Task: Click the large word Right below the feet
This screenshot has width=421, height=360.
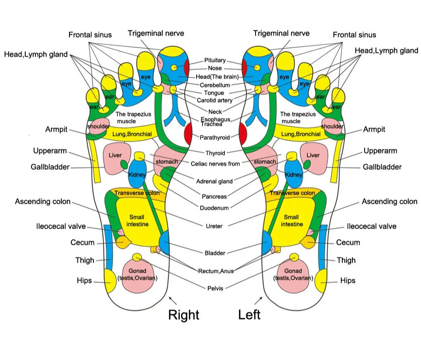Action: [x=184, y=315]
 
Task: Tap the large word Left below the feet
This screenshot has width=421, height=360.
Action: [x=249, y=315]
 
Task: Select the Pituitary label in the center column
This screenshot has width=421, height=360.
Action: [x=215, y=60]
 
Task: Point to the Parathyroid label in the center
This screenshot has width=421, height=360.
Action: [x=215, y=137]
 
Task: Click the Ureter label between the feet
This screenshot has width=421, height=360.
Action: [x=214, y=226]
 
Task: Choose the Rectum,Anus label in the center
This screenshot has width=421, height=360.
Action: [x=216, y=271]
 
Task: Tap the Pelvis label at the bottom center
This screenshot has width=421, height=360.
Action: [x=215, y=288]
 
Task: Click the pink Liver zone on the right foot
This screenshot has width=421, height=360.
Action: [x=117, y=159]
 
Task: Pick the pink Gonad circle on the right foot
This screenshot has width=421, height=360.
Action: [x=138, y=275]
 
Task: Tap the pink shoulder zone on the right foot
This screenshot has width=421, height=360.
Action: [x=98, y=126]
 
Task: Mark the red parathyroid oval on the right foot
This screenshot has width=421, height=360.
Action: [x=188, y=133]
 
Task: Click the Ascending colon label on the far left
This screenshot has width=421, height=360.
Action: [x=43, y=201]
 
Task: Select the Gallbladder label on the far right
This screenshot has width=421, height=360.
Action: [x=382, y=167]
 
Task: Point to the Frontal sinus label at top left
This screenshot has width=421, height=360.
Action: [x=90, y=35]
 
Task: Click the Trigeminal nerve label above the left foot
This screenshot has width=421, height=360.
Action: [x=281, y=33]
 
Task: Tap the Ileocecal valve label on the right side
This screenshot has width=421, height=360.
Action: [x=371, y=226]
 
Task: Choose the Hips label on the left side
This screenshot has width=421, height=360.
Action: [x=84, y=280]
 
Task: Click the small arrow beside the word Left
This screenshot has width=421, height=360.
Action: [x=258, y=301]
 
